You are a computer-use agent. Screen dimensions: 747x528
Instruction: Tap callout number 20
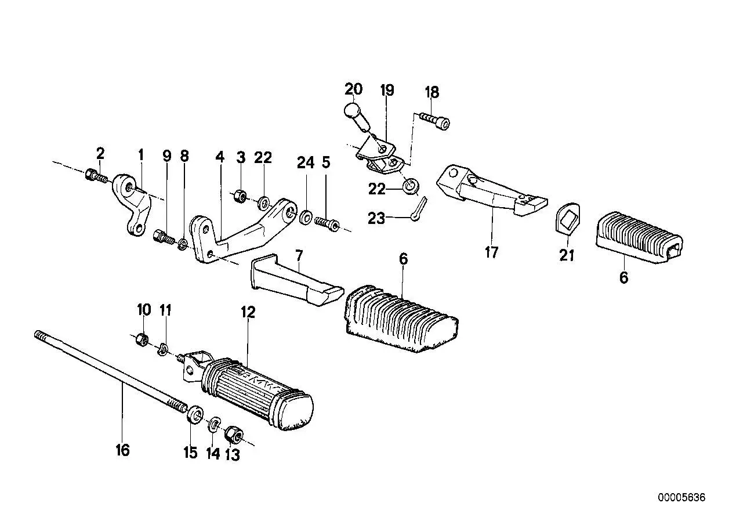tap(354, 89)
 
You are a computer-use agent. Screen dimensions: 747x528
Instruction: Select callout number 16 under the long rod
tap(122, 450)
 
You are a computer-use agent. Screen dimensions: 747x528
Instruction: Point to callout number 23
tap(376, 219)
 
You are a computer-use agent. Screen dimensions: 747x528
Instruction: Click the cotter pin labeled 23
tap(419, 208)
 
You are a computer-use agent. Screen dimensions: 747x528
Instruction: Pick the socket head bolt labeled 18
tap(435, 121)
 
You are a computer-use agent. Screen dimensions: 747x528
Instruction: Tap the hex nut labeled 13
tap(234, 435)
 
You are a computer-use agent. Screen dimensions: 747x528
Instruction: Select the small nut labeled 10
tap(143, 339)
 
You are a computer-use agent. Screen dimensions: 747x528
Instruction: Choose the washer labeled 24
tap(306, 217)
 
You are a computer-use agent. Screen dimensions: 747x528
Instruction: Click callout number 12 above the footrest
tap(248, 312)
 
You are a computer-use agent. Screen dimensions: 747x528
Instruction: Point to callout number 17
tap(491, 252)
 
